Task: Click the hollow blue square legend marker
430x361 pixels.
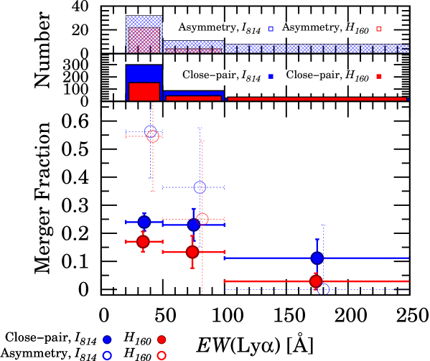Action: (x=271, y=29)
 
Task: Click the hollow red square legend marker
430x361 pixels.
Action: (x=379, y=29)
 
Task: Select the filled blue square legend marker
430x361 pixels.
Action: (x=271, y=76)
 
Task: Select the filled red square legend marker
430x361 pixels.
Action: (x=379, y=76)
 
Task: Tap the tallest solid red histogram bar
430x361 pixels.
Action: (x=144, y=91)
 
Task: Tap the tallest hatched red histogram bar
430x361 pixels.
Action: (x=144, y=40)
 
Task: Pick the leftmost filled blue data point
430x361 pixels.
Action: (x=144, y=222)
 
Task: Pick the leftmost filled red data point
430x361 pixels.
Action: (x=143, y=242)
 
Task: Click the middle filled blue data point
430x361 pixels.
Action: (x=193, y=225)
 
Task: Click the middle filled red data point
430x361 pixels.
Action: (x=192, y=252)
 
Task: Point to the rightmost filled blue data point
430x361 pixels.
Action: (x=317, y=258)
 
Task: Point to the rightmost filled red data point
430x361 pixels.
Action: (x=316, y=281)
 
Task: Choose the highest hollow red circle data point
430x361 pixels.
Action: (x=153, y=136)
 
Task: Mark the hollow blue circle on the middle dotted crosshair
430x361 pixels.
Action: (x=200, y=187)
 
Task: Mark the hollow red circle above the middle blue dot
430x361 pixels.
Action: (x=202, y=218)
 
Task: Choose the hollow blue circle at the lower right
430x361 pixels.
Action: (x=324, y=289)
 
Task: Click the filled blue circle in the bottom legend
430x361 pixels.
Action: (x=107, y=339)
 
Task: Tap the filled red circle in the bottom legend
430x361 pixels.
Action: (x=162, y=339)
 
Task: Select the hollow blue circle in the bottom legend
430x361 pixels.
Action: (x=107, y=355)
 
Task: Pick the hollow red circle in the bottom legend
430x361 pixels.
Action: (x=162, y=355)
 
